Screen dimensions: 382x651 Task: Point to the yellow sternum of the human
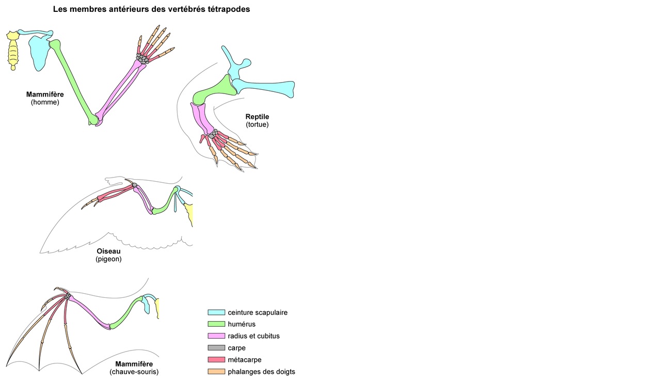[12, 50]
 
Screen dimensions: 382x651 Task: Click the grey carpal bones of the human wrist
[142, 57]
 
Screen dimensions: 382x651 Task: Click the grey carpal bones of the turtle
[211, 135]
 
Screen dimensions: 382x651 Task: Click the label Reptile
[257, 117]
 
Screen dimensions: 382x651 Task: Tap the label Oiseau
[108, 251]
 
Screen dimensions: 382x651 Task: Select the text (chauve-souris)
[134, 372]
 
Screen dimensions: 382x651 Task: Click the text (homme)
[45, 102]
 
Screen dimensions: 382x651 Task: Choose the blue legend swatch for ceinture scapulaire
[216, 312]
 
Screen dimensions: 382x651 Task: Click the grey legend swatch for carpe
[216, 348]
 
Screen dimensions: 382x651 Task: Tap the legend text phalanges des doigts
[261, 372]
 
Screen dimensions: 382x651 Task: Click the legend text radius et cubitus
[253, 336]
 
